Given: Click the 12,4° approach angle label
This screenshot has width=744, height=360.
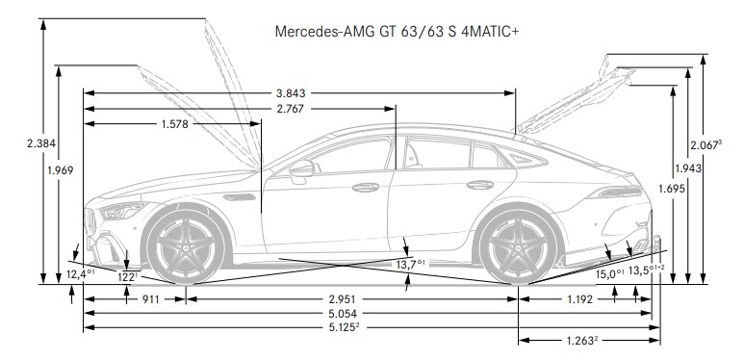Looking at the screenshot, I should tap(80, 274).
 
